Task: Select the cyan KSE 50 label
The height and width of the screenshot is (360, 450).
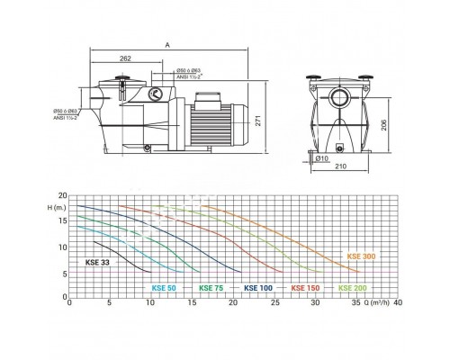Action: pos(166,288)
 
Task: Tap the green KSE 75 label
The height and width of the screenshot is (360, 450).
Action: pos(212,288)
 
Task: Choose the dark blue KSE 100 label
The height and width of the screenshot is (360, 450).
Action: pos(259,288)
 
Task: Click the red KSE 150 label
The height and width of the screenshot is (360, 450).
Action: pos(306,288)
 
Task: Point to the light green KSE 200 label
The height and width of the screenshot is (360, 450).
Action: pos(353,288)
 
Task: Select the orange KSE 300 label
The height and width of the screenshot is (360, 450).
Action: pos(363,257)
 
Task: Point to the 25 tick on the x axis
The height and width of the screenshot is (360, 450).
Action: pos(274,303)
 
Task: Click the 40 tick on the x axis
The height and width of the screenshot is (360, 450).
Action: pos(397,303)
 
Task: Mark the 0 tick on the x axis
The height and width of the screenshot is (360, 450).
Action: pos(70,303)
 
